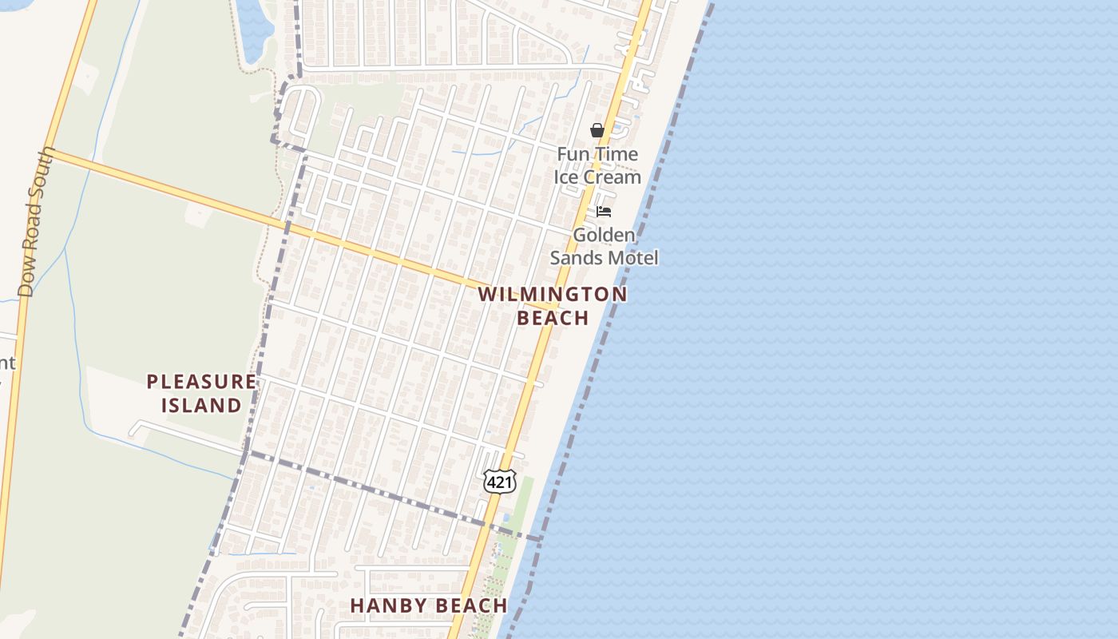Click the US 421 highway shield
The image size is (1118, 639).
499,482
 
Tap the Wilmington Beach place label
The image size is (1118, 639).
553,306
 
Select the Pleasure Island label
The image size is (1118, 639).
201,393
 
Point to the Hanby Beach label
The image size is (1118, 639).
429,605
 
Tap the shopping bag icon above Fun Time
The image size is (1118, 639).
597,130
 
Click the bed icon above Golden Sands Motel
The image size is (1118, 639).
604,212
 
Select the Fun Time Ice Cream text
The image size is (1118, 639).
597,165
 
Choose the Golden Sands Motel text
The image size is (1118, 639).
604,246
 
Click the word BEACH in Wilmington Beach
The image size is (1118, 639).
553,318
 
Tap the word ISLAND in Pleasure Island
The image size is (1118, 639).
201,405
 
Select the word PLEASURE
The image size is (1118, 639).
201,382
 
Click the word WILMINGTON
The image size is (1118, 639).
553,294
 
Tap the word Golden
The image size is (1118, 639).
605,235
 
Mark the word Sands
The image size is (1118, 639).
573,258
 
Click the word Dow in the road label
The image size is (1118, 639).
27,281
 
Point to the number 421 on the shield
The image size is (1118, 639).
499,482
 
